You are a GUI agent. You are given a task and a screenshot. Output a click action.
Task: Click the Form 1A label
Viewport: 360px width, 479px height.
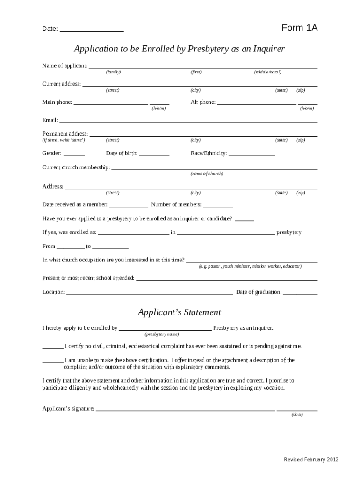pyautogui.click(x=299, y=28)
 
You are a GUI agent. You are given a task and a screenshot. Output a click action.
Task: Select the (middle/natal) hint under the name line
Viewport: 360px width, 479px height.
pyautogui.click(x=267, y=72)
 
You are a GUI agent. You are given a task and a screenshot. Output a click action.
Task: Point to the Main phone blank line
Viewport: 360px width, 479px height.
pyautogui.click(x=111, y=103)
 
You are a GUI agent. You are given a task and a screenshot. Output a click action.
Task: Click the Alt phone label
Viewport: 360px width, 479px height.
pyautogui.click(x=203, y=102)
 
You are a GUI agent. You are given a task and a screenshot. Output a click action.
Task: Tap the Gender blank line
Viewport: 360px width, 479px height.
pyautogui.click(x=74, y=155)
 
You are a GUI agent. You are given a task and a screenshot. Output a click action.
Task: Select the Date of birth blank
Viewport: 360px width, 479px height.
pyautogui.click(x=154, y=155)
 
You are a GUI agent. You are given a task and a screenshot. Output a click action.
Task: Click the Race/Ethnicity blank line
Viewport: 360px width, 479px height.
pyautogui.click(x=252, y=155)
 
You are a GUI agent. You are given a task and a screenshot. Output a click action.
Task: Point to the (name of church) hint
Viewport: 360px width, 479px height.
pyautogui.click(x=207, y=174)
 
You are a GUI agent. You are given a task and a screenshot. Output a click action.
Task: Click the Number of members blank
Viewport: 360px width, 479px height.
pyautogui.click(x=218, y=206)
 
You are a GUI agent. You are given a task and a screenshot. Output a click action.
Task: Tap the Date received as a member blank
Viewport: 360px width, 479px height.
pyautogui.click(x=128, y=206)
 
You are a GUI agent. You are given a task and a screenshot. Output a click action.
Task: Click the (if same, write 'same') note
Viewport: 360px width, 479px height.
pyautogui.click(x=64, y=140)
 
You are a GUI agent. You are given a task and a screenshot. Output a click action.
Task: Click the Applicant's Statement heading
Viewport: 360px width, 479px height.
pyautogui.click(x=180, y=312)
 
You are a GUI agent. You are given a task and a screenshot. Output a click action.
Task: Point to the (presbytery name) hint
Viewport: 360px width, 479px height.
pyautogui.click(x=162, y=334)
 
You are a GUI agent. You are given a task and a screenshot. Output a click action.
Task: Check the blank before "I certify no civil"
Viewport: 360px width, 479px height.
pyautogui.click(x=53, y=348)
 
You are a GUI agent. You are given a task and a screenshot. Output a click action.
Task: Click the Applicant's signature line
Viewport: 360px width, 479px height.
pyautogui.click(x=185, y=410)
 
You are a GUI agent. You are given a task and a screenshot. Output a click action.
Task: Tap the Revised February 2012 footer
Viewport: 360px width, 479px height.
pyautogui.click(x=311, y=459)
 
